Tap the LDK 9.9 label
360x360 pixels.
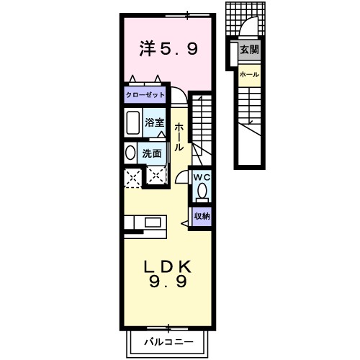click(x=170, y=273)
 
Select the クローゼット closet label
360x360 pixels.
click(x=145, y=95)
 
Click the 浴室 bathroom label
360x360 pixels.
click(x=154, y=123)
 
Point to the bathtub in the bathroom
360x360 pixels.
click(x=132, y=124)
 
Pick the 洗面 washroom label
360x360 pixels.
click(x=152, y=153)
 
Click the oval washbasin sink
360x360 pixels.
click(x=130, y=153)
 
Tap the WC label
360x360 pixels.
click(x=201, y=176)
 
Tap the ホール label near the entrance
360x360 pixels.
click(x=249, y=75)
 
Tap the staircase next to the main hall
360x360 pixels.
click(x=202, y=126)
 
